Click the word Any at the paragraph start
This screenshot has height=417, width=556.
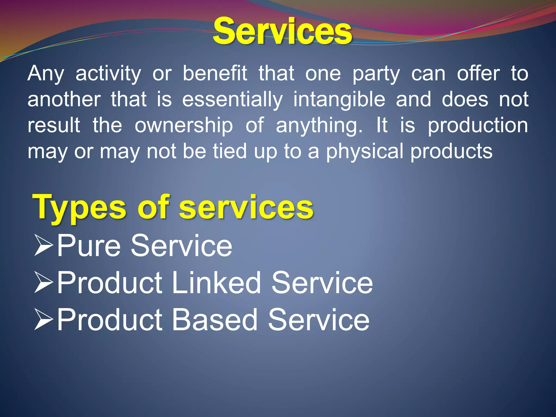point(46,74)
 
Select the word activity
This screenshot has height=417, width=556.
point(108,74)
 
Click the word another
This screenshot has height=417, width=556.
point(64,99)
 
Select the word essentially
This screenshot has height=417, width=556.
point(232,100)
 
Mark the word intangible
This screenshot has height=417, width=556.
point(339,100)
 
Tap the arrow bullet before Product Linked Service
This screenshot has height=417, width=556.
point(43,283)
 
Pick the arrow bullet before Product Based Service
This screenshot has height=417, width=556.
point(43,320)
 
